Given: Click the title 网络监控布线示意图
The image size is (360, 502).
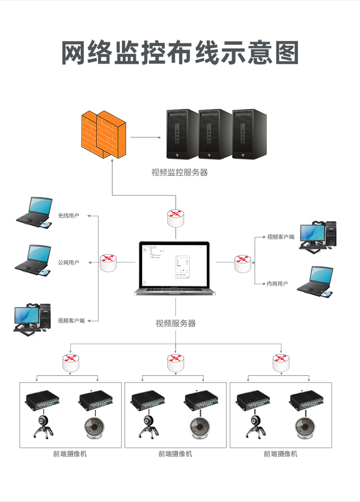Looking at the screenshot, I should [180, 53].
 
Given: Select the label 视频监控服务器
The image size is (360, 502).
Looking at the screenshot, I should [180, 172].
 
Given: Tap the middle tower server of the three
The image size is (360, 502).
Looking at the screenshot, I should [216, 134].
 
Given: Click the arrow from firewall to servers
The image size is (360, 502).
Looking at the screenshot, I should [145, 137].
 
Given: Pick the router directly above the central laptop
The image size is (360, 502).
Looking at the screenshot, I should [176, 217].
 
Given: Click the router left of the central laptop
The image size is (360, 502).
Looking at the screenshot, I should [108, 262].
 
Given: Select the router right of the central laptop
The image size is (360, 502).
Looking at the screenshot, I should [243, 262].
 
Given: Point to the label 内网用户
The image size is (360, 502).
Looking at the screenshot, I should [277, 284].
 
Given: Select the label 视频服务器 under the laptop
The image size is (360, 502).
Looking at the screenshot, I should [176, 323].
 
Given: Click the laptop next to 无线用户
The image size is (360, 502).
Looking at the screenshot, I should [34, 212].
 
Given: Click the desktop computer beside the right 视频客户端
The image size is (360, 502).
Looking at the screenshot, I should [318, 235].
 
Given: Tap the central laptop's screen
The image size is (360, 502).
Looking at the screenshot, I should [175, 264].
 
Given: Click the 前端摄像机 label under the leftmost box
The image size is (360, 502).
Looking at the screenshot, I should [70, 453].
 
